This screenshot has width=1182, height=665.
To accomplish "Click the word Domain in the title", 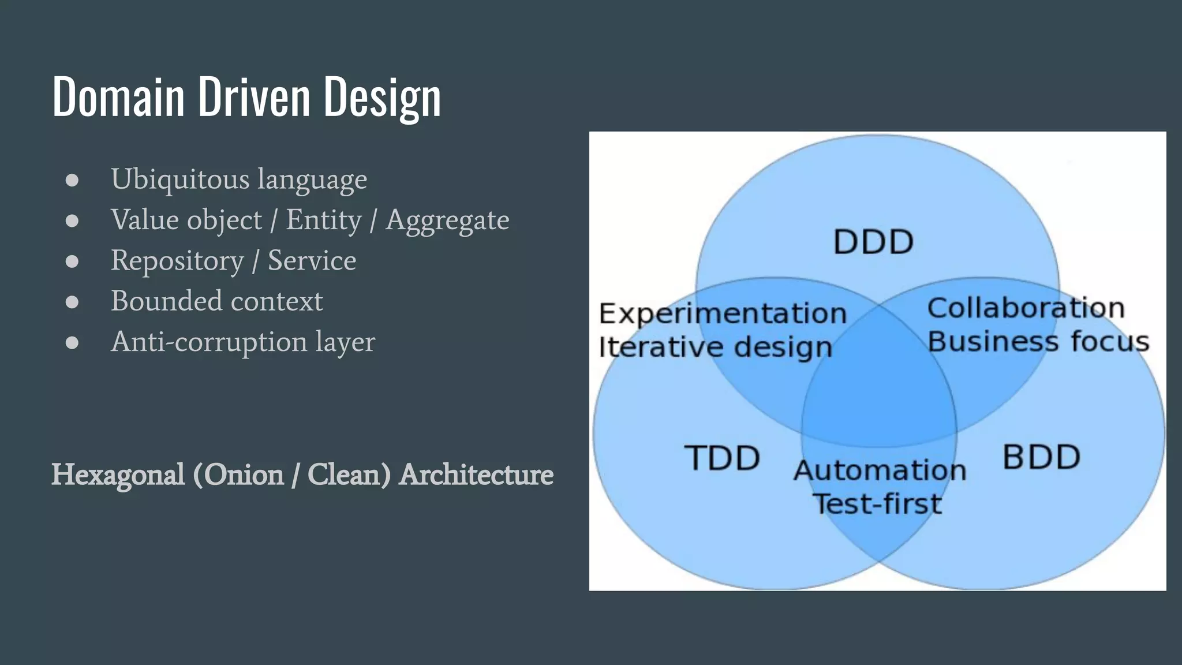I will (x=118, y=96).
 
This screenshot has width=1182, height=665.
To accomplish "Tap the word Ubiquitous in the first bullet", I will (x=179, y=179).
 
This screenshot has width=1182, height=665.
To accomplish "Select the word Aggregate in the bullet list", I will (x=447, y=221).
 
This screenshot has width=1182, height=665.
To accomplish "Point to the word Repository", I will (x=177, y=261).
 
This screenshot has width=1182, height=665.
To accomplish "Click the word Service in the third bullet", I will (x=312, y=260).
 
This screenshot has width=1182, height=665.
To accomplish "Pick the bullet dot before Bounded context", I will (x=72, y=302).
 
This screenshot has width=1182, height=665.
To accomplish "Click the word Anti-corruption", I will (x=208, y=342).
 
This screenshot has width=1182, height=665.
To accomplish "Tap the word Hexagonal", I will (x=118, y=475).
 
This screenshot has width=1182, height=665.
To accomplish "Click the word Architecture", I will (x=476, y=475).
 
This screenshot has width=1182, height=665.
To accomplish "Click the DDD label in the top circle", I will (x=873, y=242).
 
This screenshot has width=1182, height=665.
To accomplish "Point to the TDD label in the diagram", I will (x=722, y=458).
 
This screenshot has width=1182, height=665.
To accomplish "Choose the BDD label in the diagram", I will (x=1041, y=457).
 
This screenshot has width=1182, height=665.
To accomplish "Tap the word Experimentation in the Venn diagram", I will (x=723, y=314).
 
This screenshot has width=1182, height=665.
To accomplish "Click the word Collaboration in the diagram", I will (x=1026, y=308).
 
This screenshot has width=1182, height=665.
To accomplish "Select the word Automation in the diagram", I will (x=880, y=470).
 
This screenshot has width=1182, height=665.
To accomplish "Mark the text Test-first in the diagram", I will (x=877, y=503).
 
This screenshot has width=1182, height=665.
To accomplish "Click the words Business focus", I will (x=1038, y=341).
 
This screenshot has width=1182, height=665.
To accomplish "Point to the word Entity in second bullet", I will (x=324, y=220).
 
